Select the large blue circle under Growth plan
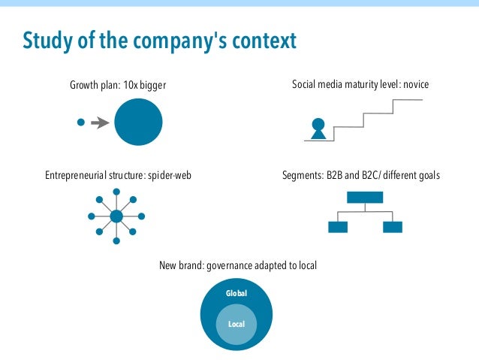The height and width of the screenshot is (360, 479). coord(138,123)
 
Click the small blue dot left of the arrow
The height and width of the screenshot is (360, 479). coord(81,123)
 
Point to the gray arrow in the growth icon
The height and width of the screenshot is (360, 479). coord(99,123)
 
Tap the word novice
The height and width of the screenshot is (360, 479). coord(416,85)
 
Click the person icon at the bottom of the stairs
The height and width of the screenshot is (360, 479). coord(318,129)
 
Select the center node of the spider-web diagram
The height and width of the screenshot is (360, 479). coord(116,216)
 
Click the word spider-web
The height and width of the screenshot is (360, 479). coord(179,176)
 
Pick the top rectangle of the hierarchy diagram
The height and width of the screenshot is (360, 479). coord(364,198)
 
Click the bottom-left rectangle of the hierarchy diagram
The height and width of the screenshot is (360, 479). coord(338,227)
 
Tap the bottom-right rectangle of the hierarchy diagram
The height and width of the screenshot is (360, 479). coord(392,227)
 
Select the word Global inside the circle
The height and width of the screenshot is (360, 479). coord(236,293)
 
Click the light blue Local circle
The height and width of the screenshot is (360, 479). coord(236,325)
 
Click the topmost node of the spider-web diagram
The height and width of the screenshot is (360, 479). coord(116,192)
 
